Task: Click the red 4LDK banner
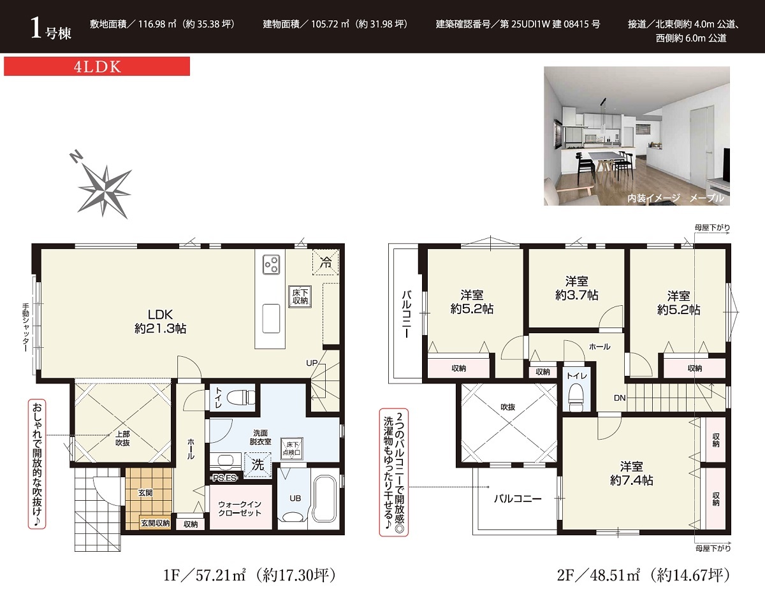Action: point(97,66)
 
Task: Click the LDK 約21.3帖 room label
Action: point(160,321)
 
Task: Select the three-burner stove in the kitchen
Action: point(271,264)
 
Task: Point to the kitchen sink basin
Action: point(271,319)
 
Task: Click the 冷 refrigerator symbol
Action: point(326,262)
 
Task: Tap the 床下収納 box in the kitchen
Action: point(300,297)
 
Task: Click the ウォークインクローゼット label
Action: point(240,508)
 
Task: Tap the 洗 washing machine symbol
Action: point(258,464)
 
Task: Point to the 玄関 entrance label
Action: point(145,493)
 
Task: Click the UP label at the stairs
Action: point(312,363)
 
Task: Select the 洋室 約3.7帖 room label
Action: point(576,288)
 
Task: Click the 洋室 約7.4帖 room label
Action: point(631,473)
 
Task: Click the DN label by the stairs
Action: point(620,398)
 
